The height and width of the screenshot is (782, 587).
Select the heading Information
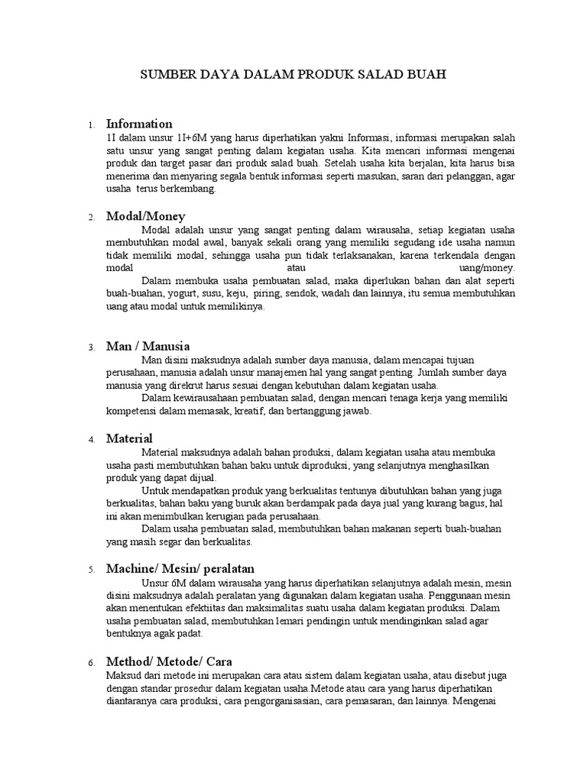[139, 124]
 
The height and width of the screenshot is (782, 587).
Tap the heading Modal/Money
[145, 216]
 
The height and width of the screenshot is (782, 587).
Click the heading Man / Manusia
[148, 346]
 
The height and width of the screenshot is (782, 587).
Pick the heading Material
[129, 438]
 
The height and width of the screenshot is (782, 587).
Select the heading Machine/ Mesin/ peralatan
[180, 569]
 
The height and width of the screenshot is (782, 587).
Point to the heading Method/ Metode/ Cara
[170, 661]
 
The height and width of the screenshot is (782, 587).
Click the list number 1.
[91, 125]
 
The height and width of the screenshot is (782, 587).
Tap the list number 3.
[91, 347]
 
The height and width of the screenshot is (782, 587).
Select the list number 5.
[91, 570]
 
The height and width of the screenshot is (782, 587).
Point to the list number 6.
[91, 663]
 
